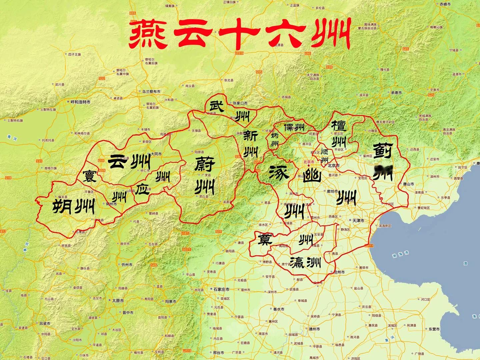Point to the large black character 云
point(119,162)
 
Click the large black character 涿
point(278,172)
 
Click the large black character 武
point(215,106)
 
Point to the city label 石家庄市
point(221,289)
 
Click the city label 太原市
point(117,300)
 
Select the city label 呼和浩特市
point(80,102)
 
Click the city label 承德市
point(397,92)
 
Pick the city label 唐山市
point(408,184)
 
